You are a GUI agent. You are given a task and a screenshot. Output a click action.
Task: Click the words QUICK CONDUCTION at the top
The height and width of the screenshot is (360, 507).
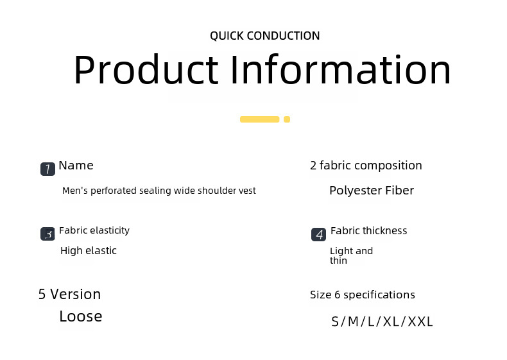pyautogui.click(x=265, y=35)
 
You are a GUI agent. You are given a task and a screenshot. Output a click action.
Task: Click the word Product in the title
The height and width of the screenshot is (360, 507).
pyautogui.click(x=146, y=70)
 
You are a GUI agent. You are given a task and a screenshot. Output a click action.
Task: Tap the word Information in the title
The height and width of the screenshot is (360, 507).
pyautogui.click(x=341, y=69)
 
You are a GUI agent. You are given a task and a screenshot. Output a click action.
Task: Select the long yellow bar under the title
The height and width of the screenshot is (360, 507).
pyautogui.click(x=260, y=119)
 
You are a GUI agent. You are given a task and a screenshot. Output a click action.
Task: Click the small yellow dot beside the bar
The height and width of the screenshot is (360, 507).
pyautogui.click(x=287, y=119)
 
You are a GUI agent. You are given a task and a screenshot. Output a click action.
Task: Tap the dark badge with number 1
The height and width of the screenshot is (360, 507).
pyautogui.click(x=47, y=169)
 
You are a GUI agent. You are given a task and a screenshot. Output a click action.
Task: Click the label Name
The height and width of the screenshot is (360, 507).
pyautogui.click(x=76, y=166)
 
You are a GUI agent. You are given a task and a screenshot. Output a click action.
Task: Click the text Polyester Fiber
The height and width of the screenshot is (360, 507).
pyautogui.click(x=372, y=191)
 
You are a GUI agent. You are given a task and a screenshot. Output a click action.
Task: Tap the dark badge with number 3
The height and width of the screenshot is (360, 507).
pyautogui.click(x=47, y=234)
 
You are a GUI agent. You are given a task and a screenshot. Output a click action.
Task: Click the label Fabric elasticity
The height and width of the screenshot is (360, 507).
pyautogui.click(x=94, y=230)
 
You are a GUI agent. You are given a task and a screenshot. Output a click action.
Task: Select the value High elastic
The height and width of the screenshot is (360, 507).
pyautogui.click(x=89, y=251)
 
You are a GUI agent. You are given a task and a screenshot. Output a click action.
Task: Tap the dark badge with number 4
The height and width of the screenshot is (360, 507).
pyautogui.click(x=318, y=234)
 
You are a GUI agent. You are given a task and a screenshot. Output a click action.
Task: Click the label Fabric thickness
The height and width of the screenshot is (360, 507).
pyautogui.click(x=368, y=230)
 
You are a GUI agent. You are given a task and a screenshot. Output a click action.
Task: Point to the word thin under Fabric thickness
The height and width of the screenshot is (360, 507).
pyautogui.click(x=338, y=261)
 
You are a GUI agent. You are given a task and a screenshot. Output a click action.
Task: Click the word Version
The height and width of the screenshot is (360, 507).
pyautogui.click(x=75, y=295)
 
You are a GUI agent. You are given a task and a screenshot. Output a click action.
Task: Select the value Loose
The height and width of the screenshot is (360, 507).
pyautogui.click(x=80, y=316)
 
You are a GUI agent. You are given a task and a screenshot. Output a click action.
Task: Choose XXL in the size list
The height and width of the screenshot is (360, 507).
pyautogui.click(x=420, y=322)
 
